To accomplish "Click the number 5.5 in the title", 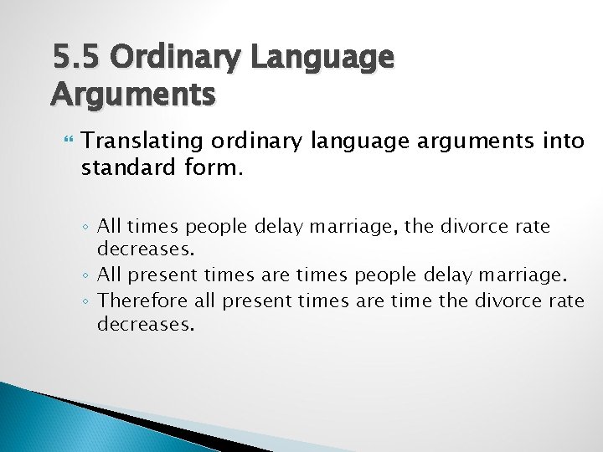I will click(x=76, y=58).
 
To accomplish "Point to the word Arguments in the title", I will click(x=133, y=94).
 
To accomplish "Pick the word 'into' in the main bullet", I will click(x=562, y=141).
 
